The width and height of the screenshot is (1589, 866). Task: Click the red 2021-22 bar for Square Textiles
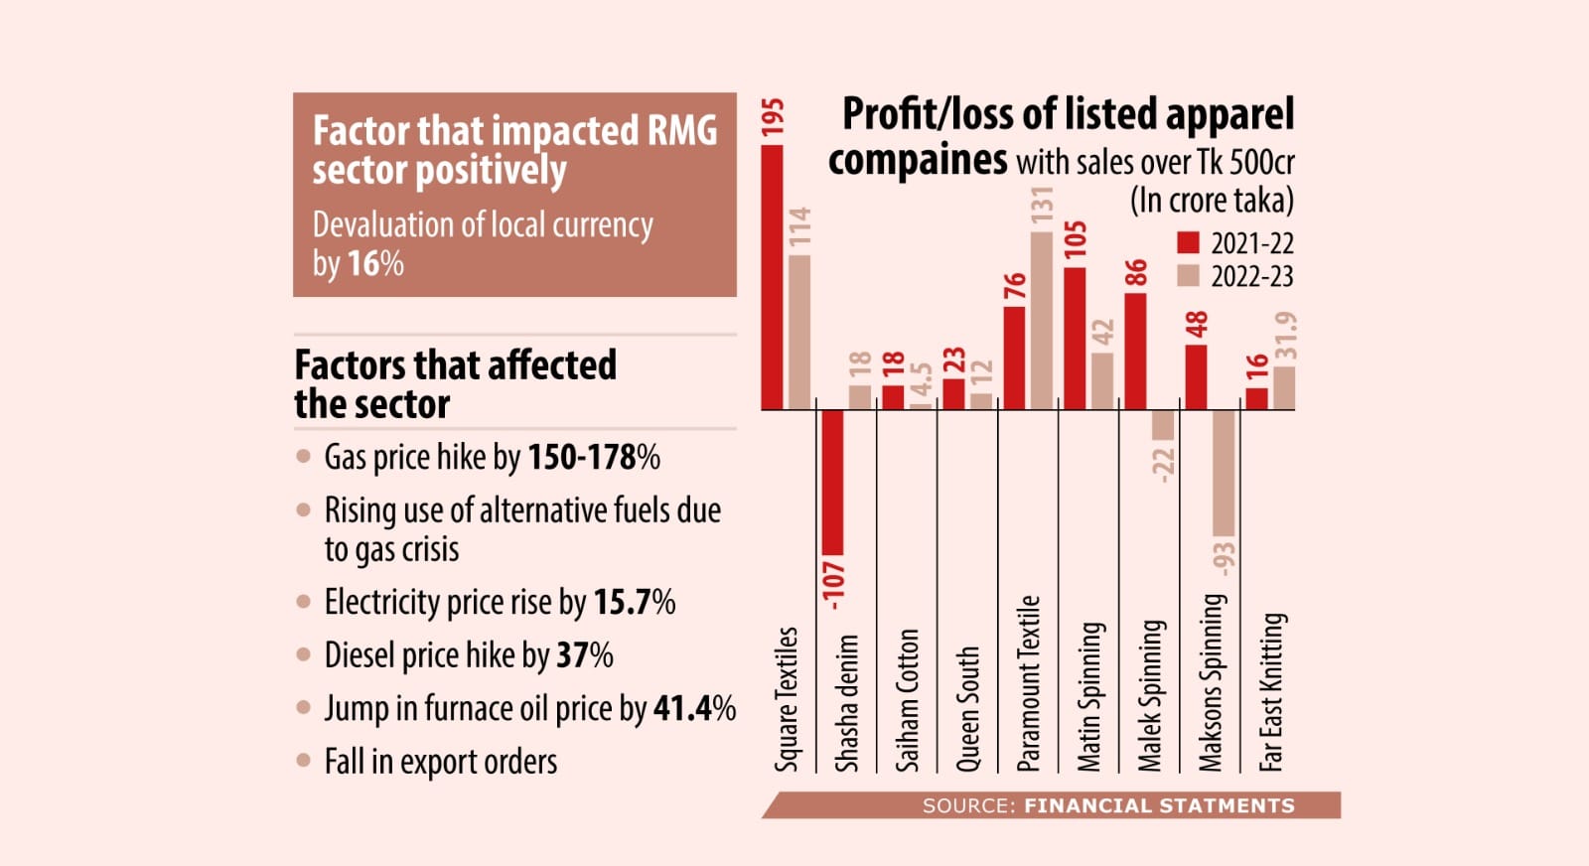pyautogui.click(x=772, y=277)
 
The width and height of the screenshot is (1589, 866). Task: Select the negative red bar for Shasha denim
pyautogui.click(x=832, y=483)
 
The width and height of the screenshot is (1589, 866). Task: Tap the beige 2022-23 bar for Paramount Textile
pyautogui.click(x=1041, y=321)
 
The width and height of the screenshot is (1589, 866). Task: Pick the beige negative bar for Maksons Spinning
pyautogui.click(x=1224, y=473)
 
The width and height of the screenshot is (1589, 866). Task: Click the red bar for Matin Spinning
pyautogui.click(x=1074, y=339)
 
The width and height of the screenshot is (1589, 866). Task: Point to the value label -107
pyautogui.click(x=833, y=583)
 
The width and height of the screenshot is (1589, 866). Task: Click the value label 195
pyautogui.click(x=773, y=117)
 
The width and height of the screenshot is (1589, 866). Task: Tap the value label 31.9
pyautogui.click(x=1285, y=336)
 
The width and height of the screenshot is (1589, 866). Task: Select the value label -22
pyautogui.click(x=1163, y=463)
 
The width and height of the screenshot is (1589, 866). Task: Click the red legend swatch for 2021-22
pyautogui.click(x=1188, y=243)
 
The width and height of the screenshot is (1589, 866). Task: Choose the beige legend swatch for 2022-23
pyautogui.click(x=1188, y=275)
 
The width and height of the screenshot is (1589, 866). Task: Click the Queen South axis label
pyautogui.click(x=967, y=709)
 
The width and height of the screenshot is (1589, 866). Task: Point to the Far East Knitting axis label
pyautogui.click(x=1271, y=692)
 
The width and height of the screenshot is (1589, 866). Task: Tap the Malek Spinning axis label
pyautogui.click(x=1150, y=695)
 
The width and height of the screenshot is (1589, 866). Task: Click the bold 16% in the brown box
pyautogui.click(x=375, y=263)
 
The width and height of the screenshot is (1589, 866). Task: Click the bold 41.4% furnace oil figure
pyautogui.click(x=694, y=708)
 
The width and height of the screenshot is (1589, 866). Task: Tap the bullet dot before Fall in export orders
pyautogui.click(x=304, y=762)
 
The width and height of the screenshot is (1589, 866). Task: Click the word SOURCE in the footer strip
pyautogui.click(x=963, y=805)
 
